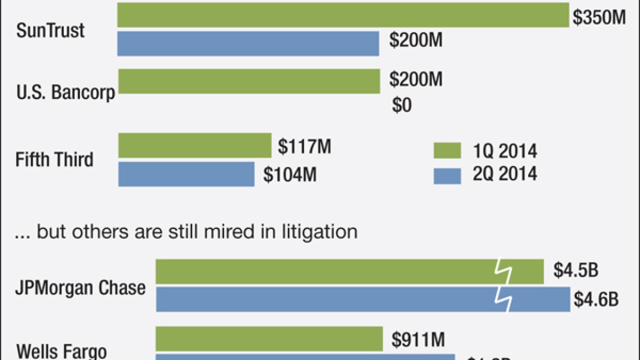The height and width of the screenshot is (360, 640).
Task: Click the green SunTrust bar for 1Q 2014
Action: coord(343,15)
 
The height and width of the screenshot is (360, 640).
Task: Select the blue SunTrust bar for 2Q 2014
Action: coord(248,43)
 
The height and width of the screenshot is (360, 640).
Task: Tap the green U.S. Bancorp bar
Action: coord(249,81)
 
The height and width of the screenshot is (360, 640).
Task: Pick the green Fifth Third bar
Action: coord(194,145)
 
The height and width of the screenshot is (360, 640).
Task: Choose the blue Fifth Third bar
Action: coord(186,173)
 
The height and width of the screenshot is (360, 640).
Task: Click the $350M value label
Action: coord(599,17)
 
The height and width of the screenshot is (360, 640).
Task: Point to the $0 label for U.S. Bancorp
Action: coord(402,106)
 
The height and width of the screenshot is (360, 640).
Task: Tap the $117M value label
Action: coord(304,147)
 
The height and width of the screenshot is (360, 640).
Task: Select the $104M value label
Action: coord(290,175)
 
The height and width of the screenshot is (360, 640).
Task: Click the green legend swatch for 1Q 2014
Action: coord(447,150)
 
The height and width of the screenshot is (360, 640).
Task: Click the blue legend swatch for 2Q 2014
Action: coord(447,175)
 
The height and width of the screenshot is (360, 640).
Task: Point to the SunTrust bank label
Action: coord(50,31)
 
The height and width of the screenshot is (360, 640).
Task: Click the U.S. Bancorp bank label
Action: coord(65,93)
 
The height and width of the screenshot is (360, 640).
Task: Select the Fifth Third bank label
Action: coord(54,160)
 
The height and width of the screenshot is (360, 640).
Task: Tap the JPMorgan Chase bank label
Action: coord(80,288)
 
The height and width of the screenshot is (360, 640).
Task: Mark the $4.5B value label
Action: coord(575,270)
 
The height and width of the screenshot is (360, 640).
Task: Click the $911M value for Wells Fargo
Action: coord(418,340)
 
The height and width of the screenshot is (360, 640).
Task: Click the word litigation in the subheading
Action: coord(316,231)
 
